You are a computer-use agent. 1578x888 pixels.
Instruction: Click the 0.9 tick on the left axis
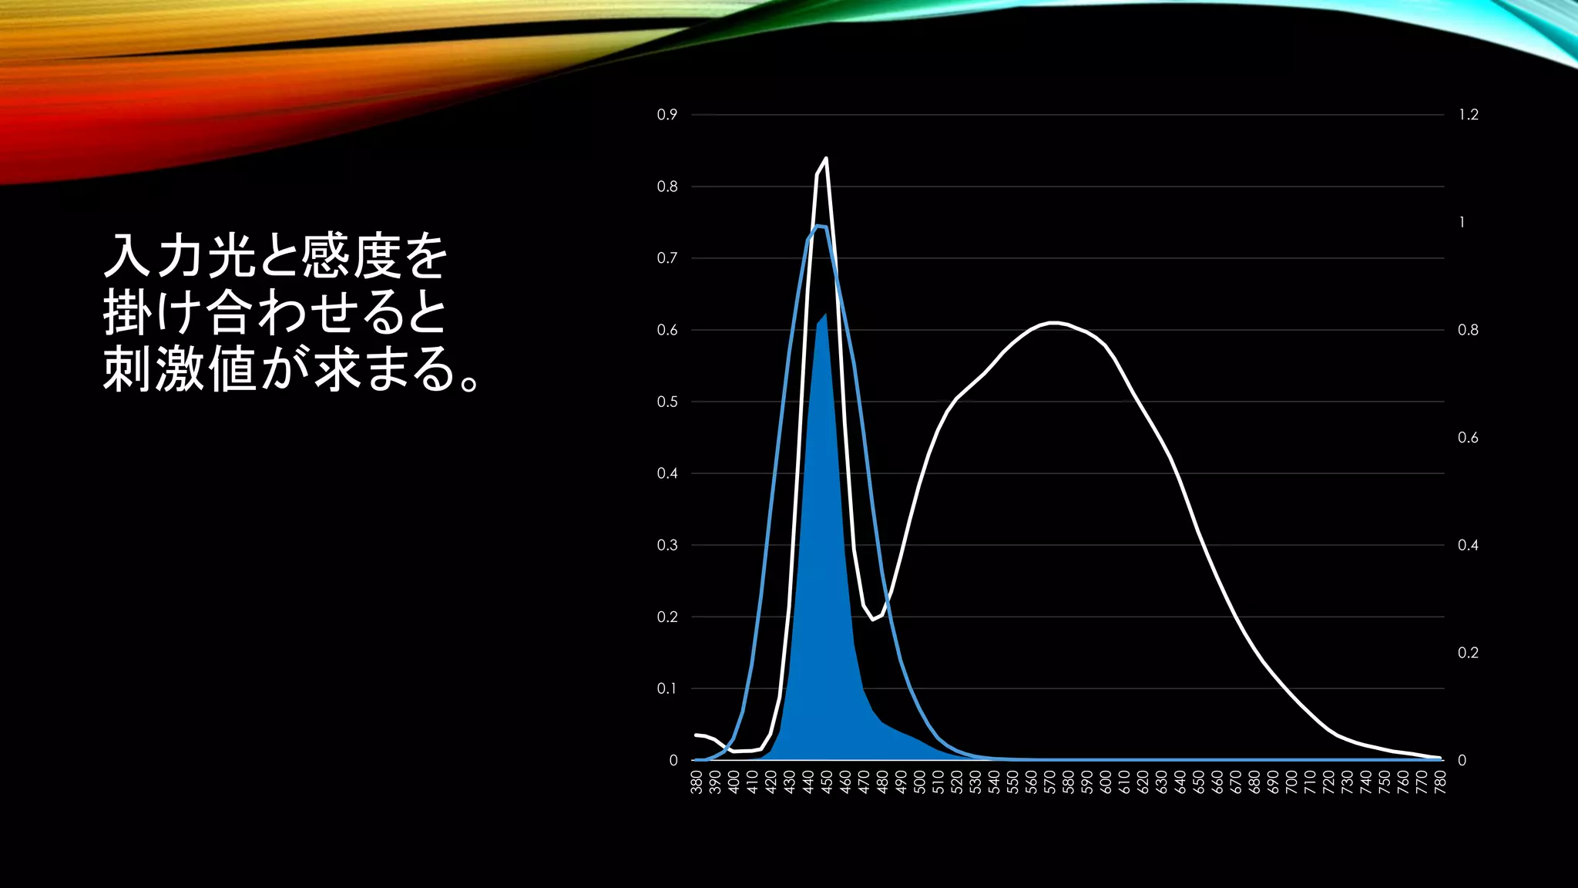pyautogui.click(x=666, y=115)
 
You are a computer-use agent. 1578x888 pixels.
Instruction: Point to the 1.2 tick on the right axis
pyautogui.click(x=1469, y=115)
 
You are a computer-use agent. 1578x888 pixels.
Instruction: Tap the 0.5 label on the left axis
pyautogui.click(x=666, y=402)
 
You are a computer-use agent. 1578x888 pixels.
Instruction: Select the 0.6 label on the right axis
pyautogui.click(x=1468, y=438)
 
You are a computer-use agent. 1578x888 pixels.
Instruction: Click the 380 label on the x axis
pyautogui.click(x=697, y=782)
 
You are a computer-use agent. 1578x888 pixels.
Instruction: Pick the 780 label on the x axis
pyautogui.click(x=1441, y=782)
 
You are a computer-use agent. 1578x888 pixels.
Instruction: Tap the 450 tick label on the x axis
pyautogui.click(x=827, y=782)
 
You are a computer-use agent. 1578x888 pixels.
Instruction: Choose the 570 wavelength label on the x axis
pyautogui.click(x=1049, y=782)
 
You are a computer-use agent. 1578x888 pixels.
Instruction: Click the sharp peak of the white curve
pyautogui.click(x=826, y=158)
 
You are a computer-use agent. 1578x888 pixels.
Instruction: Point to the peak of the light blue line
pyautogui.click(x=818, y=226)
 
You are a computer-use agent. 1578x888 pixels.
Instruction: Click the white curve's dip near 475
pyautogui.click(x=873, y=619)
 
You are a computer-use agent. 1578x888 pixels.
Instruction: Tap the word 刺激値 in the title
pyautogui.click(x=180, y=368)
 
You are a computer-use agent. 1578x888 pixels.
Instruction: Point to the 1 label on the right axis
pyautogui.click(x=1462, y=223)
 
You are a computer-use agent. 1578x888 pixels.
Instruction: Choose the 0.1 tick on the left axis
pyautogui.click(x=666, y=688)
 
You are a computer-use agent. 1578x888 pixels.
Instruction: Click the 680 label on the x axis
pyautogui.click(x=1254, y=782)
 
